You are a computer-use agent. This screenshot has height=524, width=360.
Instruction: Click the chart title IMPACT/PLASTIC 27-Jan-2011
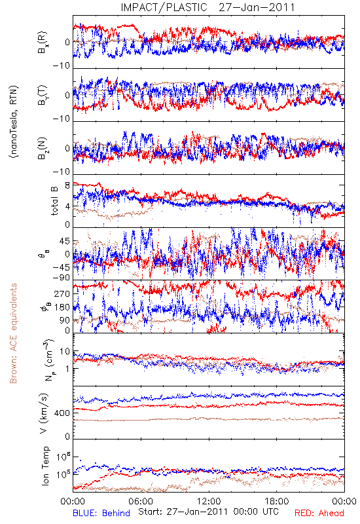(207, 7)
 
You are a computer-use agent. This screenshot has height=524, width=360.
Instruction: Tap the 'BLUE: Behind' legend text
(101, 513)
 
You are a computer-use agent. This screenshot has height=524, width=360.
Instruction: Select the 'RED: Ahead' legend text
(319, 513)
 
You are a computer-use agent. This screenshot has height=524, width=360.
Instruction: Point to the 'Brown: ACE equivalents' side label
(13, 333)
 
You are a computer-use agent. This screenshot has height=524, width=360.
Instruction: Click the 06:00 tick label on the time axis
(141, 501)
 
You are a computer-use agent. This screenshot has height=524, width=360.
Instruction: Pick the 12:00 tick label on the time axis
(209, 501)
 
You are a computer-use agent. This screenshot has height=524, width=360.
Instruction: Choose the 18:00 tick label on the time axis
(276, 501)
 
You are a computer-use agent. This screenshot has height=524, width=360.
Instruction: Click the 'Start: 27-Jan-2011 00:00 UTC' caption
(208, 512)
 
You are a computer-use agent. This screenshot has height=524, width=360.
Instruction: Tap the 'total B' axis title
(54, 201)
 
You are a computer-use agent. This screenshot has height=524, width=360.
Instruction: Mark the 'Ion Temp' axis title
(45, 466)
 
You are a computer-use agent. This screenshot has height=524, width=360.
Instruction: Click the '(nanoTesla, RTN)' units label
(14, 121)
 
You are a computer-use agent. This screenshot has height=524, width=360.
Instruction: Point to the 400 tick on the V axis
(62, 413)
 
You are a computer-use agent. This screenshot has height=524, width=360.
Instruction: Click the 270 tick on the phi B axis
(62, 293)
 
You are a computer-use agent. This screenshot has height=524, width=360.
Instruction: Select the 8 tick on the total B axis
(67, 185)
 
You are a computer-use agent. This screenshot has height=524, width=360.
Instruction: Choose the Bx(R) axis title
(43, 43)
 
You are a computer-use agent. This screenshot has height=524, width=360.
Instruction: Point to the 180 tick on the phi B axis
(62, 307)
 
